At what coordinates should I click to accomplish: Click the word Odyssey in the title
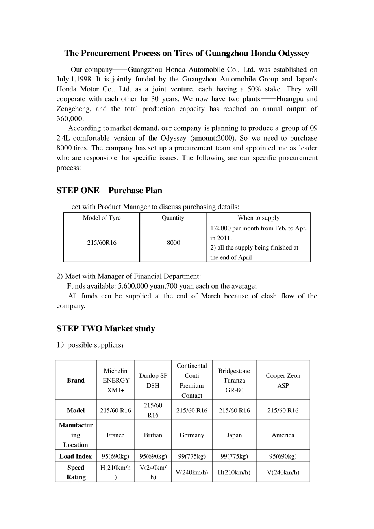(293, 54)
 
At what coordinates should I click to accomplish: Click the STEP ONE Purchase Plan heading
(109, 191)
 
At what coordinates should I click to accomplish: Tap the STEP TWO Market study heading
(106, 329)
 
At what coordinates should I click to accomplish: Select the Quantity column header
(173, 218)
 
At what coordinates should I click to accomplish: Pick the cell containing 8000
(173, 242)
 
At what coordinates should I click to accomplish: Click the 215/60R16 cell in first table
(102, 242)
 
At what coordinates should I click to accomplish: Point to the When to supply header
(258, 218)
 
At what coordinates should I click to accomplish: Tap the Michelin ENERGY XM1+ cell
(115, 380)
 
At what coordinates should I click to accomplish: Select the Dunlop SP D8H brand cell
(153, 380)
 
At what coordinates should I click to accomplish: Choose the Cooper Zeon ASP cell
(283, 380)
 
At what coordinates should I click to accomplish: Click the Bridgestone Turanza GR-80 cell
(234, 380)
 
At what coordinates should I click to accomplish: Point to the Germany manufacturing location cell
(192, 435)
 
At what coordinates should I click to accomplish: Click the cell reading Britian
(153, 435)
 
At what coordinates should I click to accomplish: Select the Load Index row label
(76, 456)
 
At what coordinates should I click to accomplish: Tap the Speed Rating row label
(76, 472)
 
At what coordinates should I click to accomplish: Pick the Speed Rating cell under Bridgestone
(234, 472)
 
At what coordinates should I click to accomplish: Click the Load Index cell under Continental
(192, 456)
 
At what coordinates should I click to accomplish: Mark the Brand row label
(76, 380)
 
